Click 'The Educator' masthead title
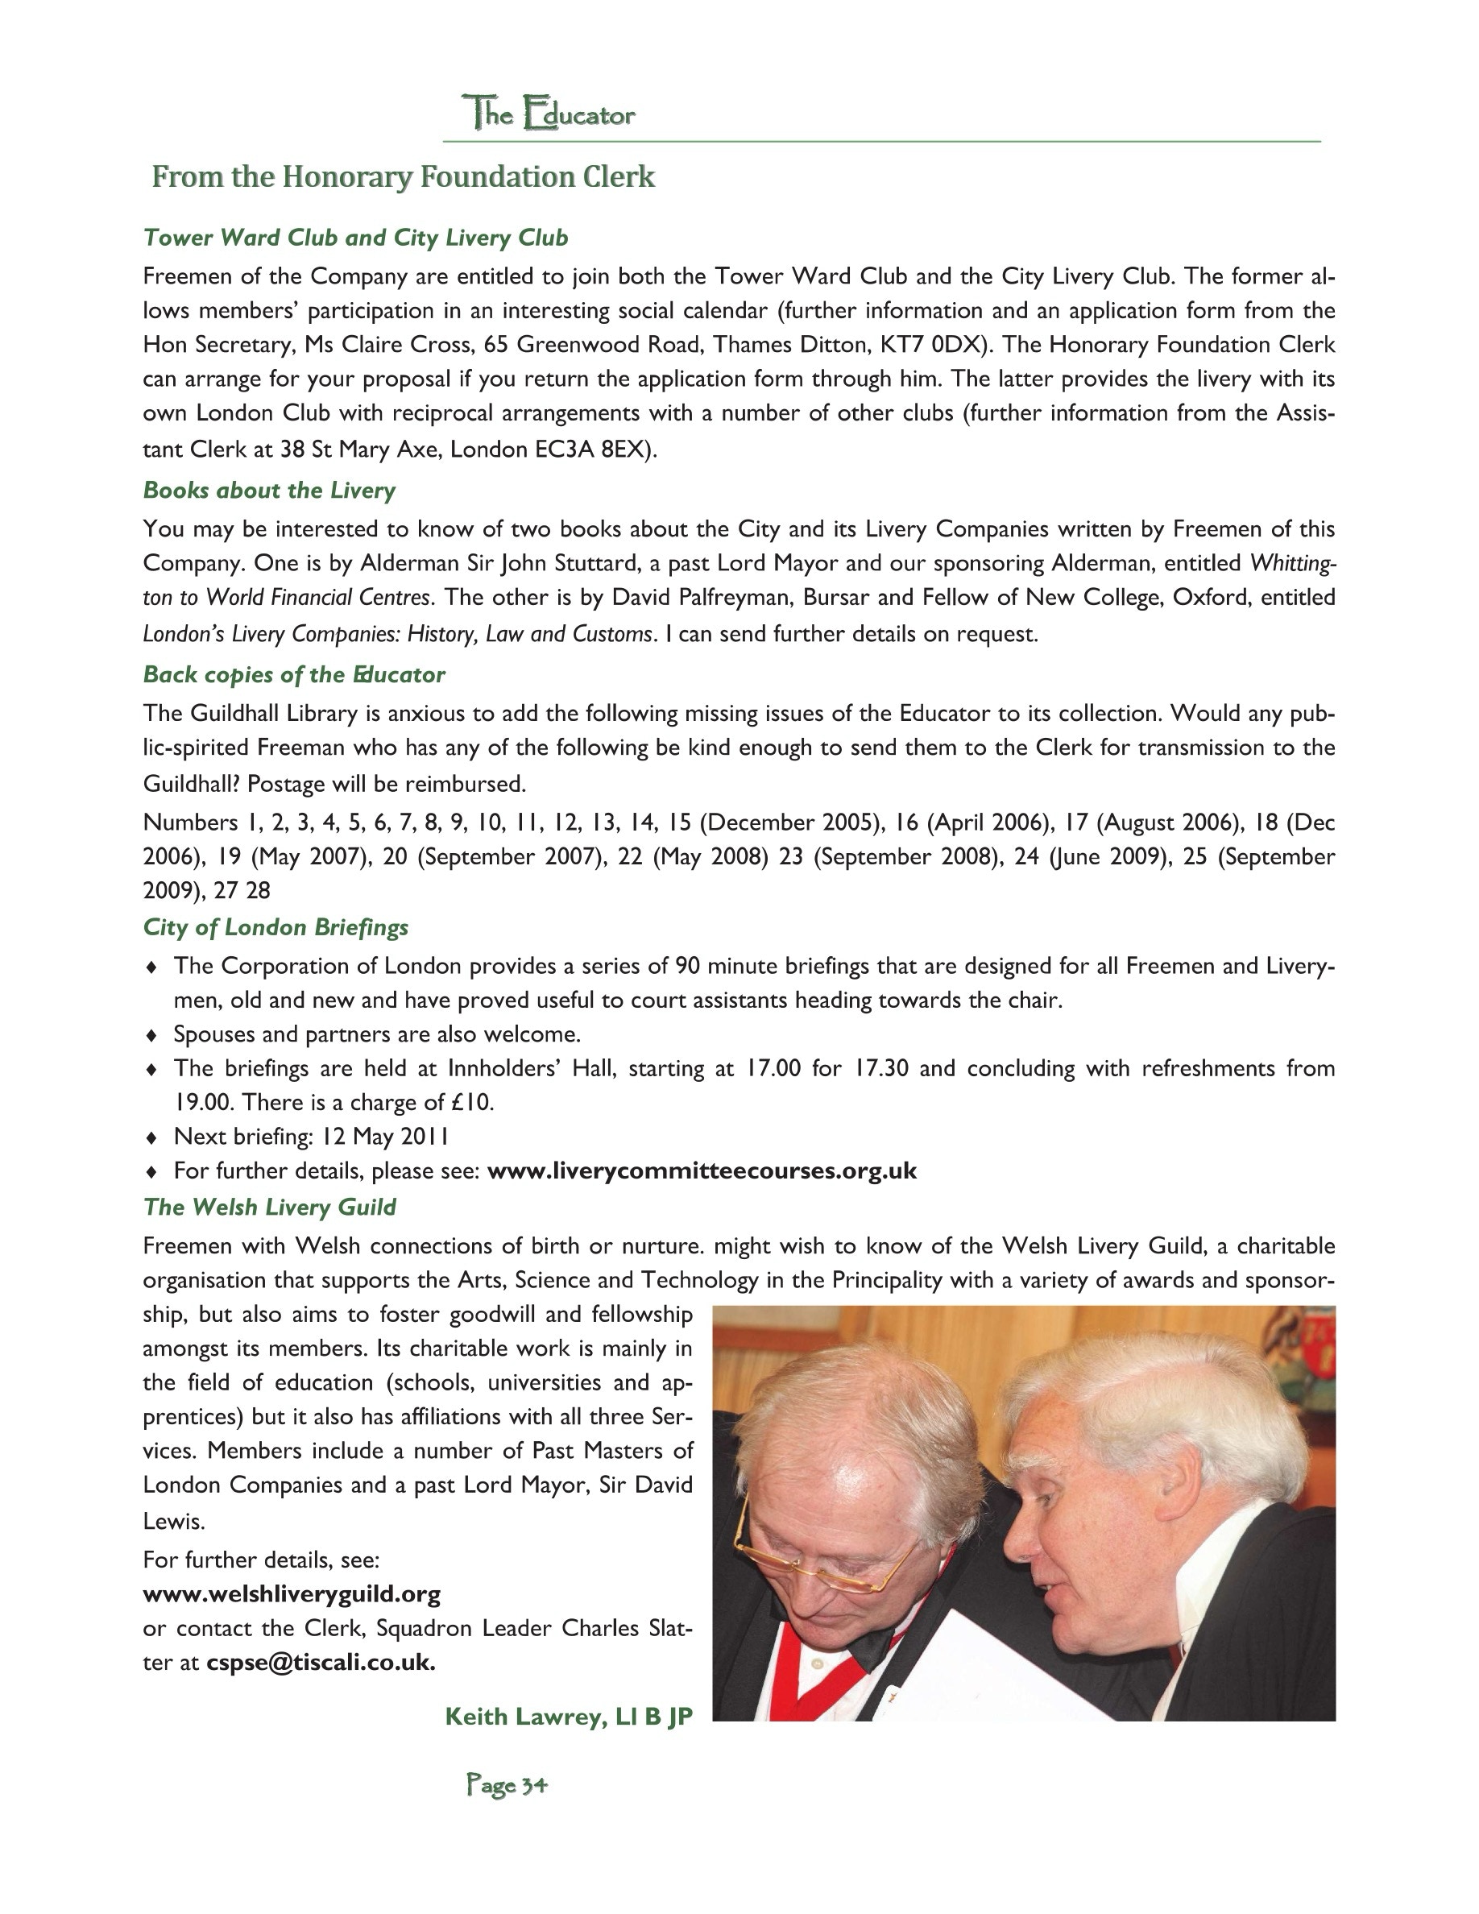click(549, 114)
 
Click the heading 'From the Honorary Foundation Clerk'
click(403, 177)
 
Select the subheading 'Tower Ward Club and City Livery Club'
click(356, 238)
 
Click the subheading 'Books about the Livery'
click(269, 490)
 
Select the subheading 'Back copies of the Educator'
click(293, 674)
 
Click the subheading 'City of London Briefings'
click(276, 927)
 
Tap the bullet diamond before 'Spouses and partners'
click(151, 1035)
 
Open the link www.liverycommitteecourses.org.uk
click(702, 1170)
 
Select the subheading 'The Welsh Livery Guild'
click(270, 1207)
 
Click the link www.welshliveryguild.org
click(292, 1593)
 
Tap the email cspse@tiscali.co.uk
click(321, 1663)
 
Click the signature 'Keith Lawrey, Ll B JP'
click(569, 1716)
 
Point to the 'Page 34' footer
click(507, 1784)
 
